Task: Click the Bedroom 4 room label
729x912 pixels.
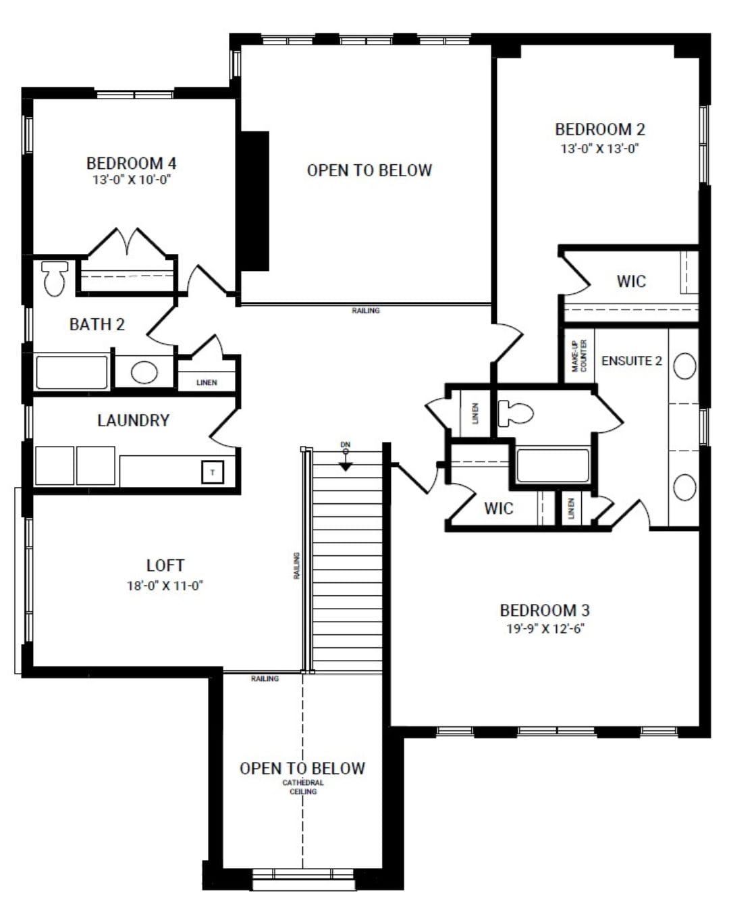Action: (132, 163)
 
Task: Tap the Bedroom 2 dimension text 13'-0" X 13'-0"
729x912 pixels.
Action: (599, 149)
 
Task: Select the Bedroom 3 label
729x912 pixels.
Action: (545, 610)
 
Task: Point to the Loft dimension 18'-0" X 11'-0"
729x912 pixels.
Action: (165, 586)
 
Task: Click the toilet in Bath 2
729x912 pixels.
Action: (55, 278)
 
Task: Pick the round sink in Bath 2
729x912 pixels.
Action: (144, 372)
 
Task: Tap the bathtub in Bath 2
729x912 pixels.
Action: (72, 372)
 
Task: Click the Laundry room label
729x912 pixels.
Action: (133, 420)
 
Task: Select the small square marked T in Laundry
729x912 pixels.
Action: (213, 472)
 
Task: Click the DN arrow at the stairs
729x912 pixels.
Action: (346, 465)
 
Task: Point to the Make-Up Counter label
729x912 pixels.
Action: (579, 355)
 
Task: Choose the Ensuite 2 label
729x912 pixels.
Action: (631, 361)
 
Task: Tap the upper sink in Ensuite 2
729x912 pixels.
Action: (684, 365)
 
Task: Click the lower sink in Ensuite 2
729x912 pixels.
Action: (684, 487)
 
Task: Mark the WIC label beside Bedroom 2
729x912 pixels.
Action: (631, 281)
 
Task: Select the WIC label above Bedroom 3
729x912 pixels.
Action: (498, 508)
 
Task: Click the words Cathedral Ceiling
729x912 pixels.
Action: (303, 787)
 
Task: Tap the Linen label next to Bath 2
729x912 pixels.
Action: (207, 382)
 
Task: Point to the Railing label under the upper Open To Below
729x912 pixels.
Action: (366, 311)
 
